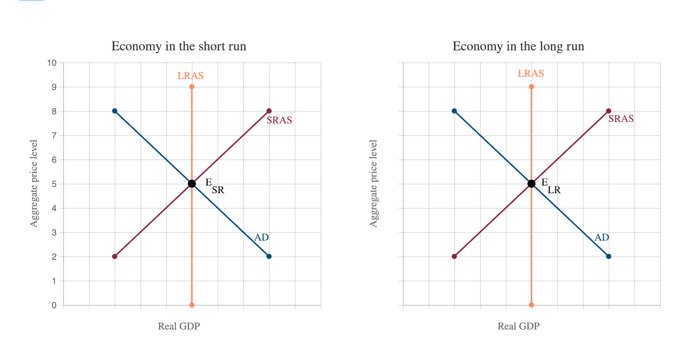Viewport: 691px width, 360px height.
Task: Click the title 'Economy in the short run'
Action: (x=179, y=46)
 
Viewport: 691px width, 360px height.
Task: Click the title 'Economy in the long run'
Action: (x=518, y=46)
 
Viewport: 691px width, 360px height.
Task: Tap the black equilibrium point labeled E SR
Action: (x=192, y=184)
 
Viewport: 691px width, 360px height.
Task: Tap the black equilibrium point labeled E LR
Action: (x=531, y=184)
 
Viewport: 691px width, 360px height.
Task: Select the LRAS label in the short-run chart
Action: (x=190, y=76)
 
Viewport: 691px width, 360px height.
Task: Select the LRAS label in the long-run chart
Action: (x=531, y=73)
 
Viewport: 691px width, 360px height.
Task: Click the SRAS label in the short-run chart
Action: (x=279, y=120)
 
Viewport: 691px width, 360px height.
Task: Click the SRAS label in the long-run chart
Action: (x=621, y=119)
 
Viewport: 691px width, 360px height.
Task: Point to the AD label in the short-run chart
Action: (x=262, y=238)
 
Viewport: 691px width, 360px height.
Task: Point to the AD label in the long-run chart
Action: (x=602, y=238)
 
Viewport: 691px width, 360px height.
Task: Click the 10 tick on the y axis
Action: (x=52, y=63)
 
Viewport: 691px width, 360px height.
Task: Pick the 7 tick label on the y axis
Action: (x=54, y=136)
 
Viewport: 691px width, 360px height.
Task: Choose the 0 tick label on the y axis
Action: (x=54, y=305)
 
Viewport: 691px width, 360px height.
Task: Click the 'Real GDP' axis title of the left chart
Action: (x=179, y=326)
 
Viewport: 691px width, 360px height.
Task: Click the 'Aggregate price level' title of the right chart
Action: (x=373, y=184)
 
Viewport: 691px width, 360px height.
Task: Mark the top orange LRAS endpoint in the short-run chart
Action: (x=192, y=87)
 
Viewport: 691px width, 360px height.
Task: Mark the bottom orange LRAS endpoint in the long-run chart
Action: (x=531, y=305)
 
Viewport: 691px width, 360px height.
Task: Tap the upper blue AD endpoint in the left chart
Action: (x=115, y=111)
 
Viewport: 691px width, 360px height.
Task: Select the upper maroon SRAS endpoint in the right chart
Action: (x=609, y=111)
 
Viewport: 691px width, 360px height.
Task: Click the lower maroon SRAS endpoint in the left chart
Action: (x=115, y=256)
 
